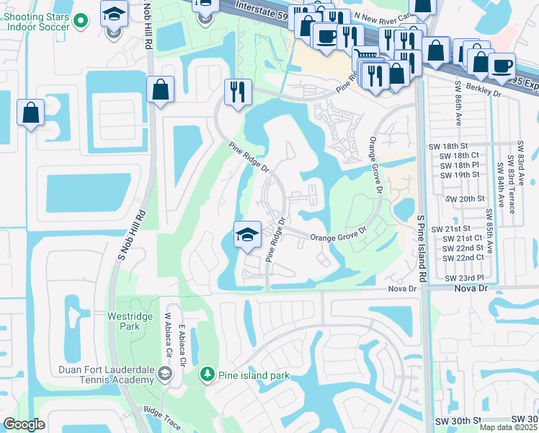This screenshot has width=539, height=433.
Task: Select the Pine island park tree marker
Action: (207, 375)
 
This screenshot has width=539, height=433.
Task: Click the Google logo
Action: (24, 424)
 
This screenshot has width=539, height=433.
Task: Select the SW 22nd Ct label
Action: (463, 258)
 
